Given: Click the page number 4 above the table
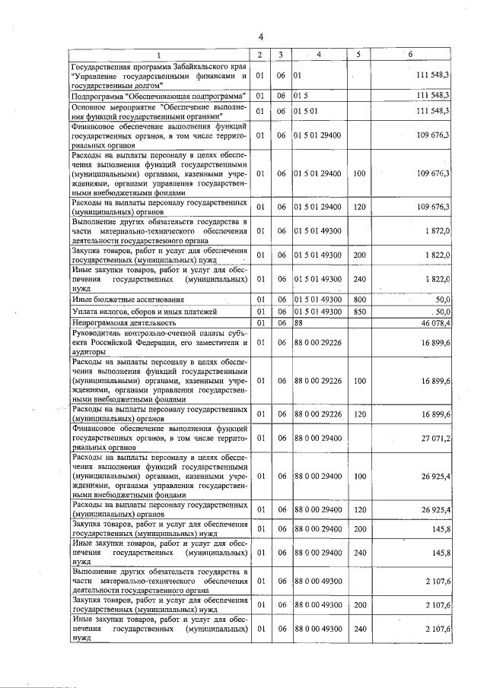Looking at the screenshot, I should [260, 37].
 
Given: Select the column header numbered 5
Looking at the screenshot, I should [358, 55].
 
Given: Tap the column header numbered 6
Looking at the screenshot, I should [411, 55].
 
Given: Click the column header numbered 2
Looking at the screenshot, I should [260, 55].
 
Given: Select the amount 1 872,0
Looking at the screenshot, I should [435, 230].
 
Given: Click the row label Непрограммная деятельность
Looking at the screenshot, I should [119, 323].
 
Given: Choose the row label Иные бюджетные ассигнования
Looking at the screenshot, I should [118, 300].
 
